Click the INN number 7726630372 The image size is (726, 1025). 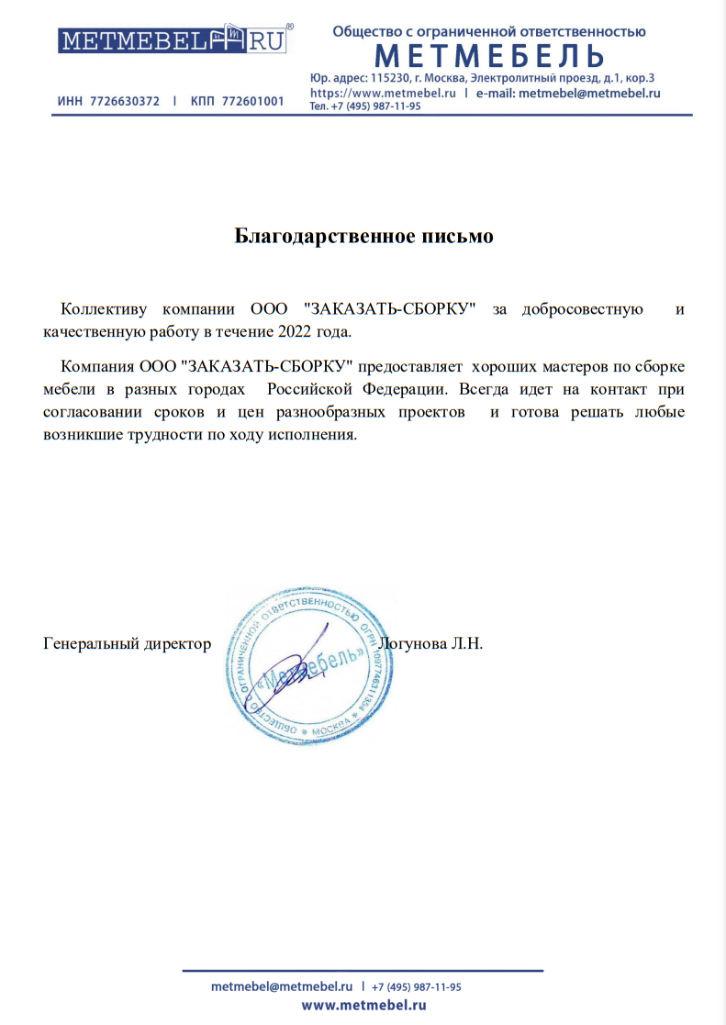tap(125, 101)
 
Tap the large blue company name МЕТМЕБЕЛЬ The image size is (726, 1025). tap(489, 57)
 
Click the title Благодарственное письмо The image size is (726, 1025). tap(364, 237)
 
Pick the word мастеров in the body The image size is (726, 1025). tap(560, 365)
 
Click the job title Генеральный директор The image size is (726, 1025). tap(128, 643)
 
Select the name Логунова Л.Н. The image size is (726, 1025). tap(430, 643)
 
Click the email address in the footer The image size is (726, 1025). tap(282, 986)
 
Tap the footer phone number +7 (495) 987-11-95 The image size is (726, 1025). tap(417, 986)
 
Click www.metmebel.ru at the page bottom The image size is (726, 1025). tap(363, 1007)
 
